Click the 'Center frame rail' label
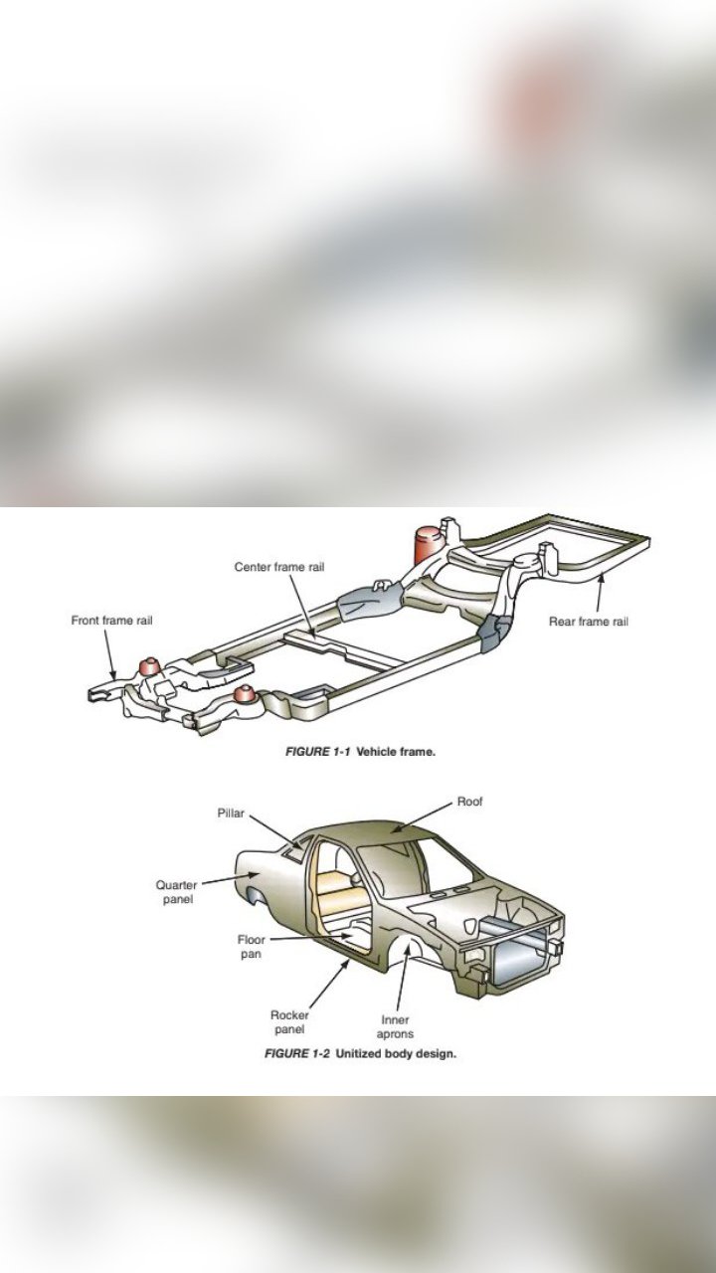click(279, 567)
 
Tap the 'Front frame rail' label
click(111, 621)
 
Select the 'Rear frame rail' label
click(589, 622)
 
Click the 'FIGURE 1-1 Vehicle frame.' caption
click(360, 752)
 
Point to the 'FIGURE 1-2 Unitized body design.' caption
click(360, 1053)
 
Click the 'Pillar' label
click(231, 814)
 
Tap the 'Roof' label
click(470, 802)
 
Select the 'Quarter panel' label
click(177, 892)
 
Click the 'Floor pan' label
click(252, 947)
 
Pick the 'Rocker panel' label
click(289, 1022)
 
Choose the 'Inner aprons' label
click(395, 1027)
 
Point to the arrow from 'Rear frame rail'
click(600, 592)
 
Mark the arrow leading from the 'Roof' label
click(423, 818)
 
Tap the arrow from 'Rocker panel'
click(329, 984)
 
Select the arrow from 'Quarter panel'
click(229, 880)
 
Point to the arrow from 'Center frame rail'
click(301, 605)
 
